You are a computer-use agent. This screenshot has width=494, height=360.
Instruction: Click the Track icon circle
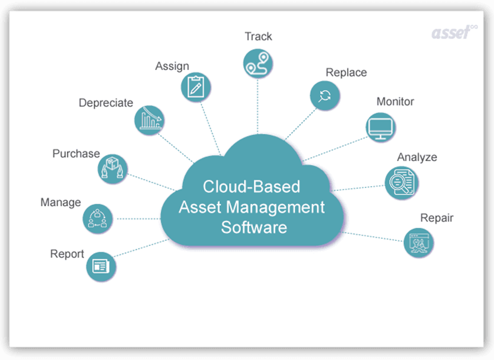pyautogui.click(x=258, y=64)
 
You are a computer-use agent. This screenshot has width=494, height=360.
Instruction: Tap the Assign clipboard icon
pyautogui.click(x=196, y=87)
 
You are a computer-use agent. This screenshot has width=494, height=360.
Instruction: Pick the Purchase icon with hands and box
pyautogui.click(x=112, y=169)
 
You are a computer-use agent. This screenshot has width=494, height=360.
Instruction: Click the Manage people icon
pyautogui.click(x=97, y=219)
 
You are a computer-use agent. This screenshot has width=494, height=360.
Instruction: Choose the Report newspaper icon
pyautogui.click(x=101, y=266)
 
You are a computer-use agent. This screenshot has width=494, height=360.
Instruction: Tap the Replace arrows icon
pyautogui.click(x=325, y=95)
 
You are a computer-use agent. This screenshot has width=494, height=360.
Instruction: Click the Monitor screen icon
pyautogui.click(x=381, y=127)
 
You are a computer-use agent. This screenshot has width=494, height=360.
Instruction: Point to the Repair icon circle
pyautogui.click(x=419, y=242)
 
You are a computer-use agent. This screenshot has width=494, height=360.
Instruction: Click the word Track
pyautogui.click(x=258, y=37)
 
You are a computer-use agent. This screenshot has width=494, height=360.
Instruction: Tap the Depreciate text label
pyautogui.click(x=106, y=103)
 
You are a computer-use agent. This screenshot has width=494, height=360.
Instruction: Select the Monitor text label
pyautogui.click(x=395, y=101)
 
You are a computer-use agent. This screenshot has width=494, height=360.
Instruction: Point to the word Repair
pyautogui.click(x=437, y=218)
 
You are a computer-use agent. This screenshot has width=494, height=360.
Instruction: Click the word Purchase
pyautogui.click(x=76, y=153)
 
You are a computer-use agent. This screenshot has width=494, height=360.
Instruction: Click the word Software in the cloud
pyautogui.click(x=254, y=227)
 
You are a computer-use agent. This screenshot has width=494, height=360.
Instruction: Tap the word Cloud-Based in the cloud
pyautogui.click(x=251, y=186)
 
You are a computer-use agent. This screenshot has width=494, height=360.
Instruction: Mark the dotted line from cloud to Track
pyautogui.click(x=257, y=106)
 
